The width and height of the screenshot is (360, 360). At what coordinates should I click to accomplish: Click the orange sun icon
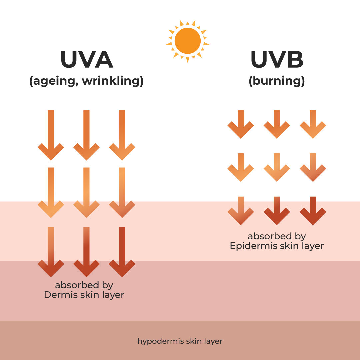pyautogui.click(x=188, y=41)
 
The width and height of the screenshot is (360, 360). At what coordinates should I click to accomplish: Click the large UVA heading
pyautogui.click(x=87, y=60)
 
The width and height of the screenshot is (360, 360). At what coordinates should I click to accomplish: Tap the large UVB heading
pyautogui.click(x=277, y=60)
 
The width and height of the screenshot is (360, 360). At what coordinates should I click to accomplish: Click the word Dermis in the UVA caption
pyautogui.click(x=59, y=295)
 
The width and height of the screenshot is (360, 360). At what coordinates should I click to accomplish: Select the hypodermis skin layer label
pyautogui.click(x=180, y=341)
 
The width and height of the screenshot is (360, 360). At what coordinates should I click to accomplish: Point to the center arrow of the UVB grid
pyautogui.click(x=277, y=167)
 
